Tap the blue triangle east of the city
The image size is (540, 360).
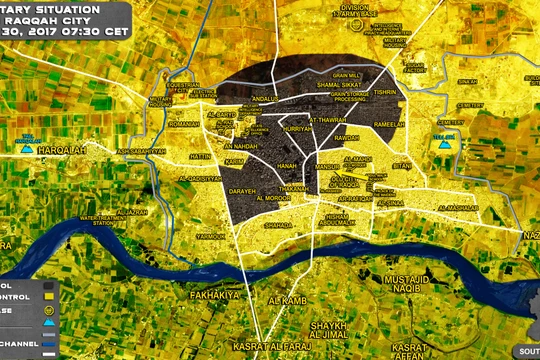click(x=444, y=143)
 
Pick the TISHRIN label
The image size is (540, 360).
click(x=385, y=92)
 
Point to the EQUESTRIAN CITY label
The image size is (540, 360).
click(x=185, y=87)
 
